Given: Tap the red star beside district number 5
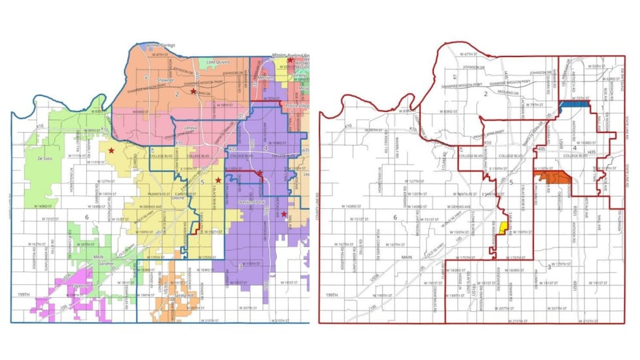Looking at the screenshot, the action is click(218, 180).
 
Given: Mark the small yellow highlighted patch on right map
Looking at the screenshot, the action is click(503, 227).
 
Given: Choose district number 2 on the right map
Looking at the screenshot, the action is click(485, 95).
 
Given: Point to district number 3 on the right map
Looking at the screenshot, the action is click(549, 268).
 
